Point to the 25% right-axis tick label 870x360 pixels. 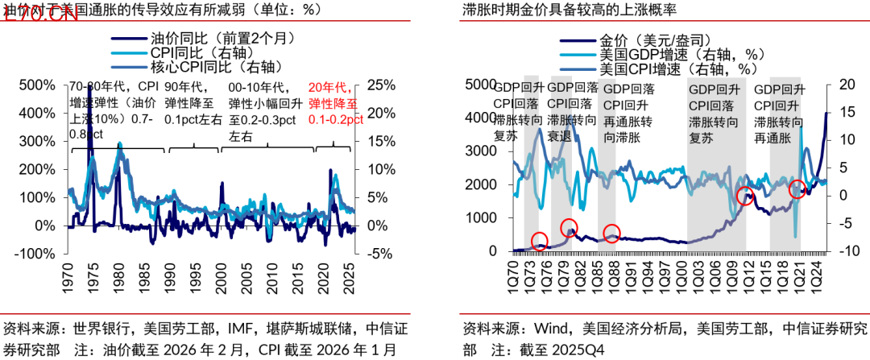point(379,85)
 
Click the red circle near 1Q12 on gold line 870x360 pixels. point(746,196)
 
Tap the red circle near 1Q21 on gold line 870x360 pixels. point(797,190)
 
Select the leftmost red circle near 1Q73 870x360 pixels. point(540,239)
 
